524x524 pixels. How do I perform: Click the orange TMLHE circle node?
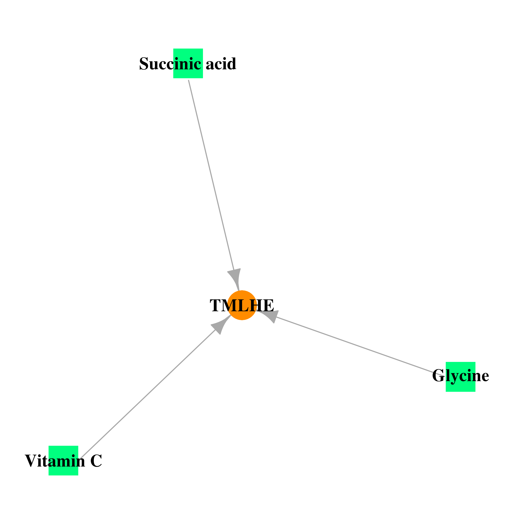pos(242,305)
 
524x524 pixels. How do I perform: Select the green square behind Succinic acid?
pos(188,63)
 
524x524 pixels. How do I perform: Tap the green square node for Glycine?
pos(461,377)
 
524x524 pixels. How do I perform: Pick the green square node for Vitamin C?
pos(63,461)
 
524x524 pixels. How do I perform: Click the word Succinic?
pos(170,64)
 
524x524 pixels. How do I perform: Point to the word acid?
pos(221,64)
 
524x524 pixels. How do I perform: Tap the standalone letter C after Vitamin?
pos(96,461)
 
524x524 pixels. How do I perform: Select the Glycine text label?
pos(461,376)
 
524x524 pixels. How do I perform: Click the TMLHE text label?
pos(242,305)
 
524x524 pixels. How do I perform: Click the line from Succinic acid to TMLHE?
pos(211,175)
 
